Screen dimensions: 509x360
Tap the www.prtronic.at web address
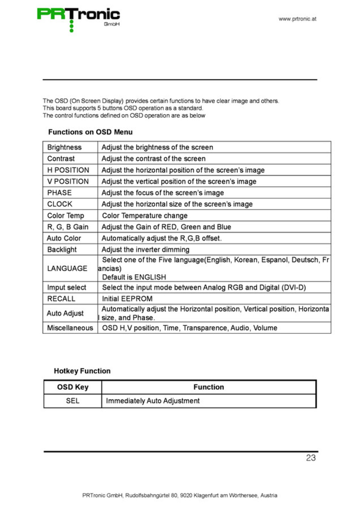pos(297,19)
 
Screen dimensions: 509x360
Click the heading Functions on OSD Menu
pos(90,132)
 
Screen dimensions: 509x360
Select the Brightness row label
pos(64,147)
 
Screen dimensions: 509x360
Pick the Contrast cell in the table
pos(61,158)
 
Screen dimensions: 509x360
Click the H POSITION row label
pos(68,170)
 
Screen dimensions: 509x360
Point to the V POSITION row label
pos(68,181)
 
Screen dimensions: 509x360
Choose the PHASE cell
pos(59,193)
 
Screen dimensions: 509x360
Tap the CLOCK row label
pos(60,204)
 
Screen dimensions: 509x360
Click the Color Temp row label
pos(66,216)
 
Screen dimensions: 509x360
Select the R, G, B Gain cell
pos(68,227)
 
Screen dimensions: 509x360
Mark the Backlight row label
pos(62,250)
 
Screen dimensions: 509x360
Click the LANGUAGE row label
pos(67,268)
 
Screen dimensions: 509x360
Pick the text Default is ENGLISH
pos(134,277)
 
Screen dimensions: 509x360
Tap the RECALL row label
pos(61,299)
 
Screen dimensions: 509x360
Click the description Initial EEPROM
pos(127,299)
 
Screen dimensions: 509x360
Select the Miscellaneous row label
pos(70,328)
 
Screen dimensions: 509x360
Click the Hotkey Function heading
pos(82,371)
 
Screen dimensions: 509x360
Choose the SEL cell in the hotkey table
pos(72,401)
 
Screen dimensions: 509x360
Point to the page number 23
pos(311,458)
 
